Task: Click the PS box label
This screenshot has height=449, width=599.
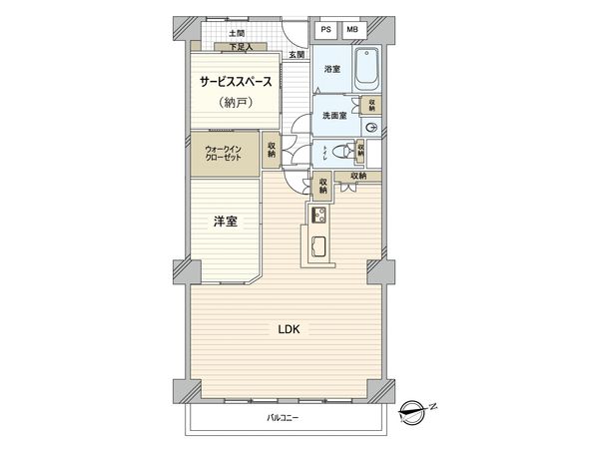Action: [326, 30]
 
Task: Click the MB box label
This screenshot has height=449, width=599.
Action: [351, 30]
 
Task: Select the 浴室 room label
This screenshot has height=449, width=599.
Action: [331, 69]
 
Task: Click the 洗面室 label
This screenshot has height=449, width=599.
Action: [333, 116]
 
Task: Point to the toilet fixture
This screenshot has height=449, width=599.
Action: [342, 153]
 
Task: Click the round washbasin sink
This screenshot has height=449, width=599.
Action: [371, 128]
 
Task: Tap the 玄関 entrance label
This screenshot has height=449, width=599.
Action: [298, 54]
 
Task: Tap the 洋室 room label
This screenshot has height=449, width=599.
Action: [225, 222]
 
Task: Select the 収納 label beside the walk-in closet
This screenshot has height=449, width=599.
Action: [272, 152]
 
